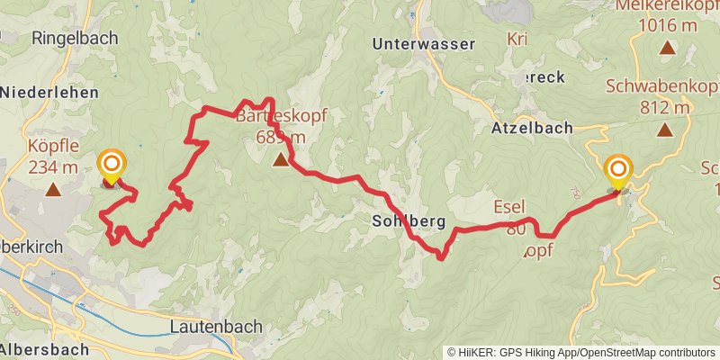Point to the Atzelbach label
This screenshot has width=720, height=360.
[532, 128]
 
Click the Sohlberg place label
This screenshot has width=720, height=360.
[409, 220]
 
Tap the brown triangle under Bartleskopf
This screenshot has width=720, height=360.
[281, 160]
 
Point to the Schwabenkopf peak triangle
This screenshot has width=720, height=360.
[664, 130]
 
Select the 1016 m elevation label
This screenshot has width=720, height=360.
[668, 25]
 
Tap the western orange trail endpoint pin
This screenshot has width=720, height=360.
[112, 166]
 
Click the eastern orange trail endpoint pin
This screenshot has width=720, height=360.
[619, 171]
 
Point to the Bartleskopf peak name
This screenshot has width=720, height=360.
[281, 116]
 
